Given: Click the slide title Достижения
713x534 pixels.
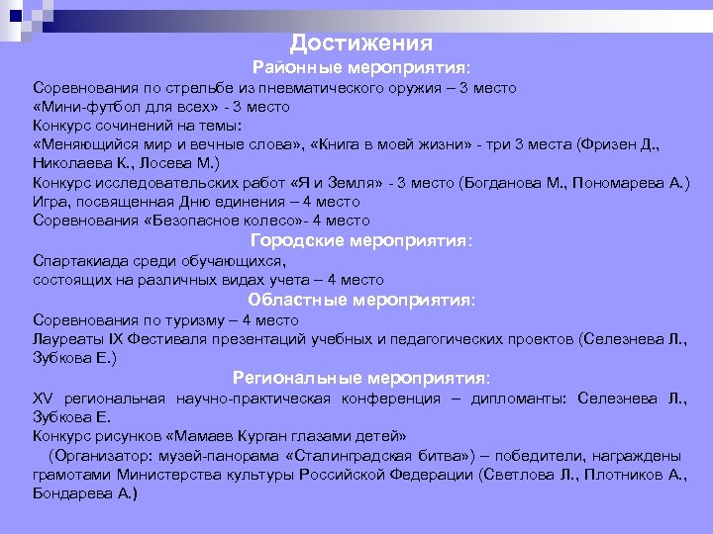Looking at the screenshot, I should point(361,44).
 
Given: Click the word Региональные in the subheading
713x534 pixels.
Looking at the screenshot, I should point(297,378).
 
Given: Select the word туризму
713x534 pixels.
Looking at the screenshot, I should point(183,320).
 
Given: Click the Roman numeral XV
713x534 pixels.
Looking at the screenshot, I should point(42,399).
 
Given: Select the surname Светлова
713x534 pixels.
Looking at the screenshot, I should point(517,475).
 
